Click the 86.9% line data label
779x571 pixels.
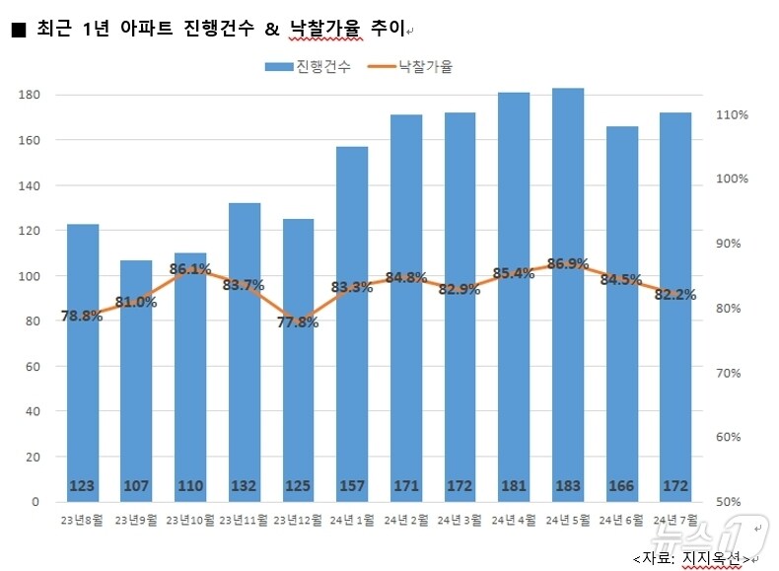click(568, 264)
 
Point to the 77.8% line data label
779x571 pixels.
click(299, 322)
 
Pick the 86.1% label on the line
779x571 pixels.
click(190, 268)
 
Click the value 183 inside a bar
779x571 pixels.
click(568, 486)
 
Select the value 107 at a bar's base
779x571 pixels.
click(136, 486)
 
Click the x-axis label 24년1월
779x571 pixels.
click(352, 519)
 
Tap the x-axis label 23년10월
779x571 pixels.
click(190, 519)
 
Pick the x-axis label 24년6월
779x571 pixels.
click(622, 519)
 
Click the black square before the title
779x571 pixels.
click(18, 31)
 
